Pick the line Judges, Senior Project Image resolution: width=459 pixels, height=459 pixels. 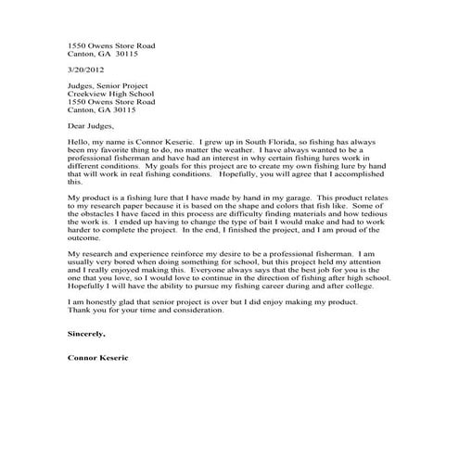[x=106, y=86]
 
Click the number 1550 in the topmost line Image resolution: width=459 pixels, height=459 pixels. [x=78, y=45]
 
